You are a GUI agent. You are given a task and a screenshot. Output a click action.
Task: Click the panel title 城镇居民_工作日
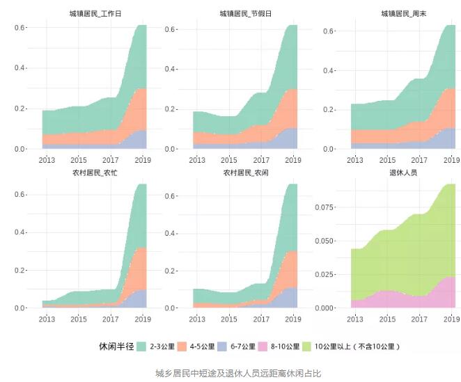click(x=94, y=13)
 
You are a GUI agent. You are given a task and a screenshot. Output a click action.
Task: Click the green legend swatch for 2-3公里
click(x=141, y=346)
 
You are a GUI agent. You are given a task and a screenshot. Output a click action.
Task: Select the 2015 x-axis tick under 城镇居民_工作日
click(x=78, y=159)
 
